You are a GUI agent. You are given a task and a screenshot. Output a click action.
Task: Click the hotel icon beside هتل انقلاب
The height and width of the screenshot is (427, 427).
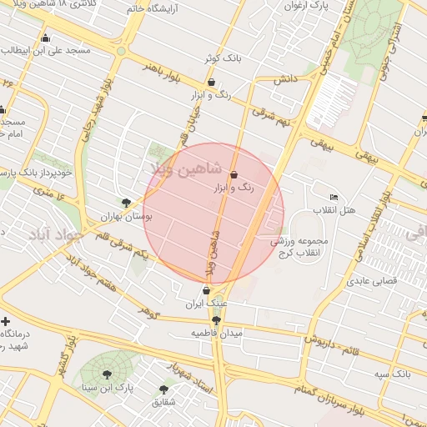point(334,196)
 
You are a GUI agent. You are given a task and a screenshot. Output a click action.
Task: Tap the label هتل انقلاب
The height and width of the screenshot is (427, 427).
point(334,209)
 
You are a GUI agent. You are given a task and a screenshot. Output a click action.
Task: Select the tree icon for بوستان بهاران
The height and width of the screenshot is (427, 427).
point(126,202)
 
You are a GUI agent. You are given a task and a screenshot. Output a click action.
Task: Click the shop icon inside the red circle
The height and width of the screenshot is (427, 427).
point(234,175)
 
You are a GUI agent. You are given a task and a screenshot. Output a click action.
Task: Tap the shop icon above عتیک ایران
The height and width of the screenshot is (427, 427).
point(206,290)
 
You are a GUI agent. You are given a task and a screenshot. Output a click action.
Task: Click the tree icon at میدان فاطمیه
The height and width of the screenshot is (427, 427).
point(217,319)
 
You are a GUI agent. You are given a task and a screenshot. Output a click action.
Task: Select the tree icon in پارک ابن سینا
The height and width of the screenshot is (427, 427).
point(106,374)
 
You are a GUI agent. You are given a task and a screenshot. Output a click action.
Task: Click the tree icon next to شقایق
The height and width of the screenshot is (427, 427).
point(163,389)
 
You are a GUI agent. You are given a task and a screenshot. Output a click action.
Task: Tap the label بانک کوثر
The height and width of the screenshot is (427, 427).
point(222,58)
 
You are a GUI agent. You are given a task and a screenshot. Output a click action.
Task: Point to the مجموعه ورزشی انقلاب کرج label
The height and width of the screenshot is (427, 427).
point(299,247)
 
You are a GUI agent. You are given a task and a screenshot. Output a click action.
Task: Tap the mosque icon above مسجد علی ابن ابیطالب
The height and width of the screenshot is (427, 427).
point(44,38)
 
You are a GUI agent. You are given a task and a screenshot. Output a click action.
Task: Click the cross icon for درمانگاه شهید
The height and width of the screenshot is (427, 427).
point(6,321)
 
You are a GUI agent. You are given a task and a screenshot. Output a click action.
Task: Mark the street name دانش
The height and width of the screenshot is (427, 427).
point(284,79)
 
